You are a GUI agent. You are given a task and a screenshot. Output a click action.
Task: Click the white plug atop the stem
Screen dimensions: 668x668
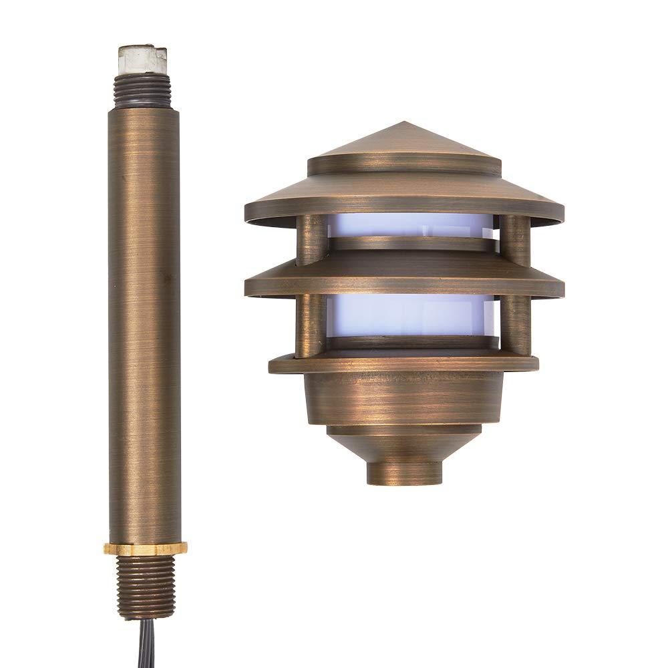(x=142, y=59)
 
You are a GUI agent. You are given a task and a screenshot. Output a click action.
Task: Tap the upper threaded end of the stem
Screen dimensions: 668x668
(x=142, y=91)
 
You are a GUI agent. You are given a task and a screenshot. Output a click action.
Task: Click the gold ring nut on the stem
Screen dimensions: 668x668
(x=145, y=548)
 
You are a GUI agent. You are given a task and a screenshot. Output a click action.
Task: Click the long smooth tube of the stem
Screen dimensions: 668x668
(x=144, y=321)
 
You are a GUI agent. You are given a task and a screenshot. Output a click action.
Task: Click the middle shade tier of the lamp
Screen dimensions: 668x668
(x=404, y=277)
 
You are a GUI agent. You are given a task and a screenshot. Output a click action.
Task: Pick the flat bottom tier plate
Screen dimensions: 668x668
(x=403, y=363)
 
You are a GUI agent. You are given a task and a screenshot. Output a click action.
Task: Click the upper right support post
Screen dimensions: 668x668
(x=514, y=239)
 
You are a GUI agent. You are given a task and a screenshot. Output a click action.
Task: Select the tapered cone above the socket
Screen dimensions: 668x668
(x=404, y=444)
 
